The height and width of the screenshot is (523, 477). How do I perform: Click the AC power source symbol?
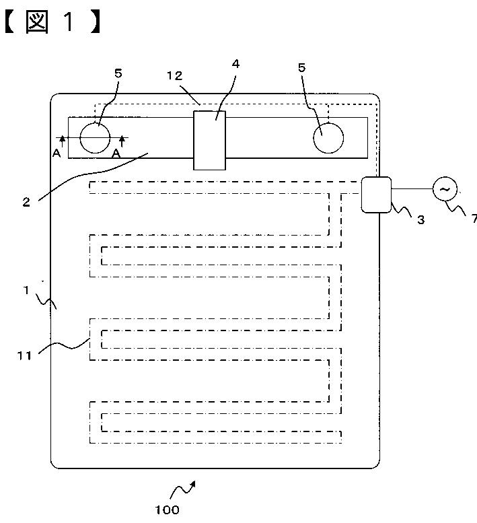444,189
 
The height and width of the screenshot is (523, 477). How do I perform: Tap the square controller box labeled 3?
375,195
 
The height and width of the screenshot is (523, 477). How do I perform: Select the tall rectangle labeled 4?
210,140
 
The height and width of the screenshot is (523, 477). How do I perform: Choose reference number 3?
420,219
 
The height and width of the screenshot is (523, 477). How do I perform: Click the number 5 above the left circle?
118,73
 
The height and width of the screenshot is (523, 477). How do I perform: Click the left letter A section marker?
57,153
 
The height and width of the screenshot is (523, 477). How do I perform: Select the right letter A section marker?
116,153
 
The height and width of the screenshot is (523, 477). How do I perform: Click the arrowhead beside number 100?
194,483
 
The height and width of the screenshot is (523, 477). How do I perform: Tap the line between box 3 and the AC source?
411,189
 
